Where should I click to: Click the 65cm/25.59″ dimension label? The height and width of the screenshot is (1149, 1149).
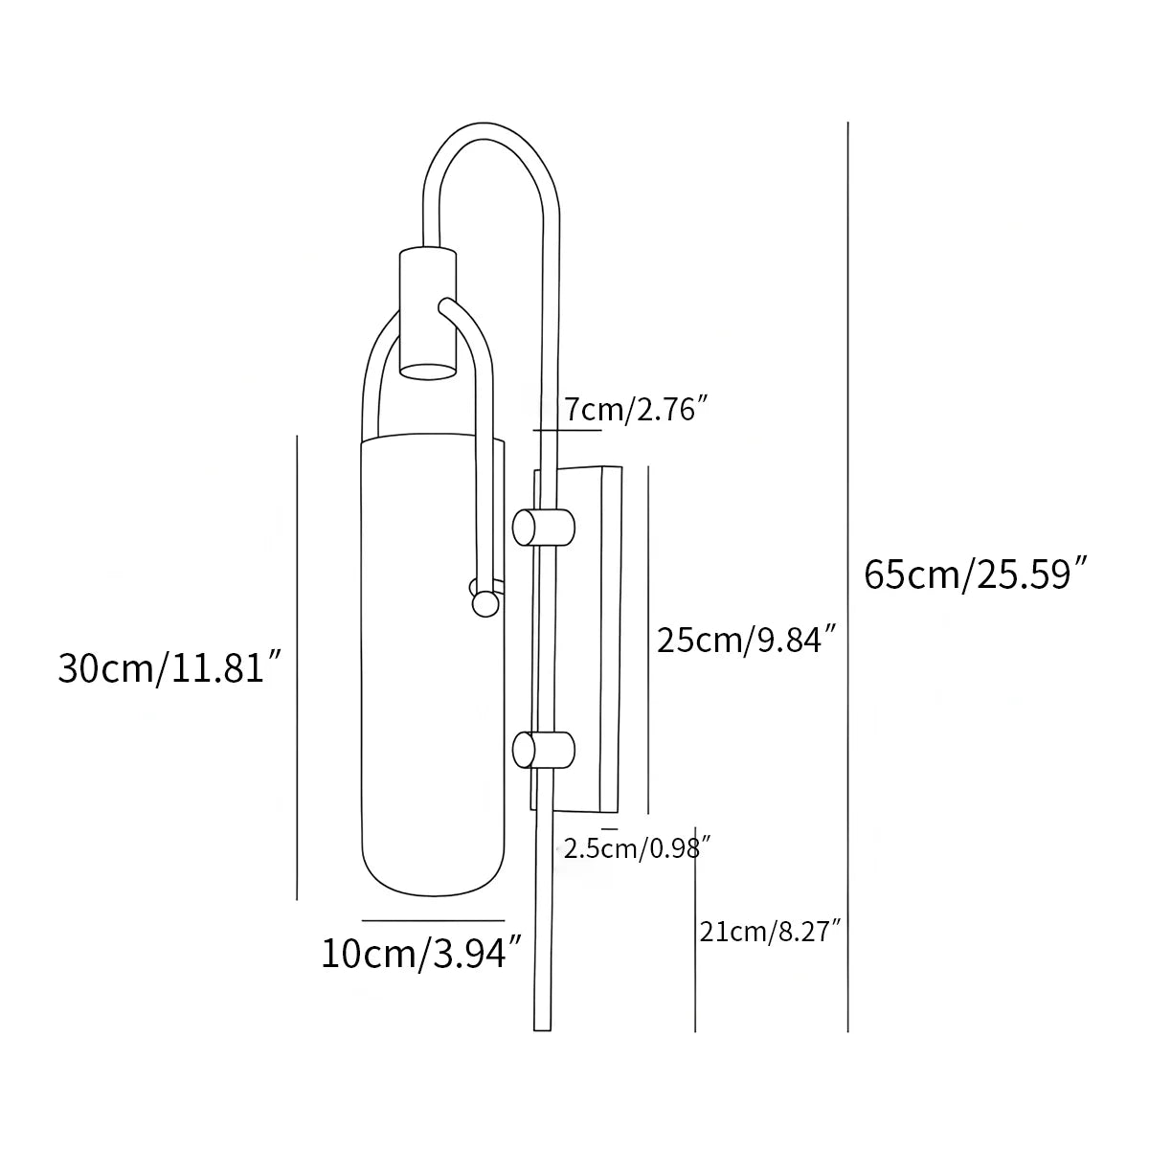[977, 574]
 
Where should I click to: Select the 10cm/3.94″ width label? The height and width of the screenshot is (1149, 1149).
[422, 954]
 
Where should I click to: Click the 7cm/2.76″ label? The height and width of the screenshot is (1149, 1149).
[635, 410]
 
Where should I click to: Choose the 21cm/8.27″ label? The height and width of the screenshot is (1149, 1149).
[771, 931]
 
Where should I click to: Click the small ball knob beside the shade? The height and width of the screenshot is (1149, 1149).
[486, 603]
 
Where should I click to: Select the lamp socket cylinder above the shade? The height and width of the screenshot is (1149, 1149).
[427, 311]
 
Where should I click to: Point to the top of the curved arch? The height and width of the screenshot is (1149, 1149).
[488, 127]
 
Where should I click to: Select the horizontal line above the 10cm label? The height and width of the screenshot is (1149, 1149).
[433, 920]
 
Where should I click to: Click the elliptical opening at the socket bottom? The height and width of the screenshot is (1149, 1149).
[427, 370]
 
